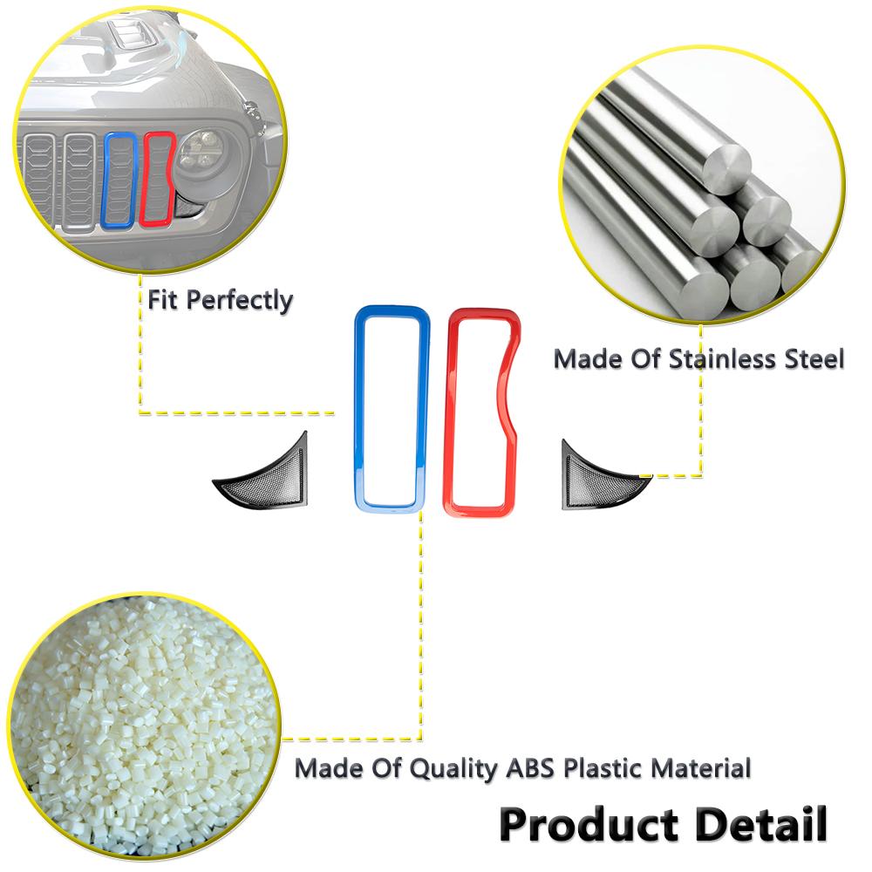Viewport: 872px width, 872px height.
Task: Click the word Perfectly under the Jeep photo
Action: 239,301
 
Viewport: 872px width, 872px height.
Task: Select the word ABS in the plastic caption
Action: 530,768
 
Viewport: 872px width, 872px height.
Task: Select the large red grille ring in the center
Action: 449,412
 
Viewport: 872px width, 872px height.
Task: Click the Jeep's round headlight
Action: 201,153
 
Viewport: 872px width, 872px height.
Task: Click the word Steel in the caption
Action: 814,358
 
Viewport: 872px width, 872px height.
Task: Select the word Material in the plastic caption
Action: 701,768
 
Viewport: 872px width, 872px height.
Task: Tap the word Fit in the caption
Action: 162,300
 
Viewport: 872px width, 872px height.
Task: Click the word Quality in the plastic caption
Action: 453,770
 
